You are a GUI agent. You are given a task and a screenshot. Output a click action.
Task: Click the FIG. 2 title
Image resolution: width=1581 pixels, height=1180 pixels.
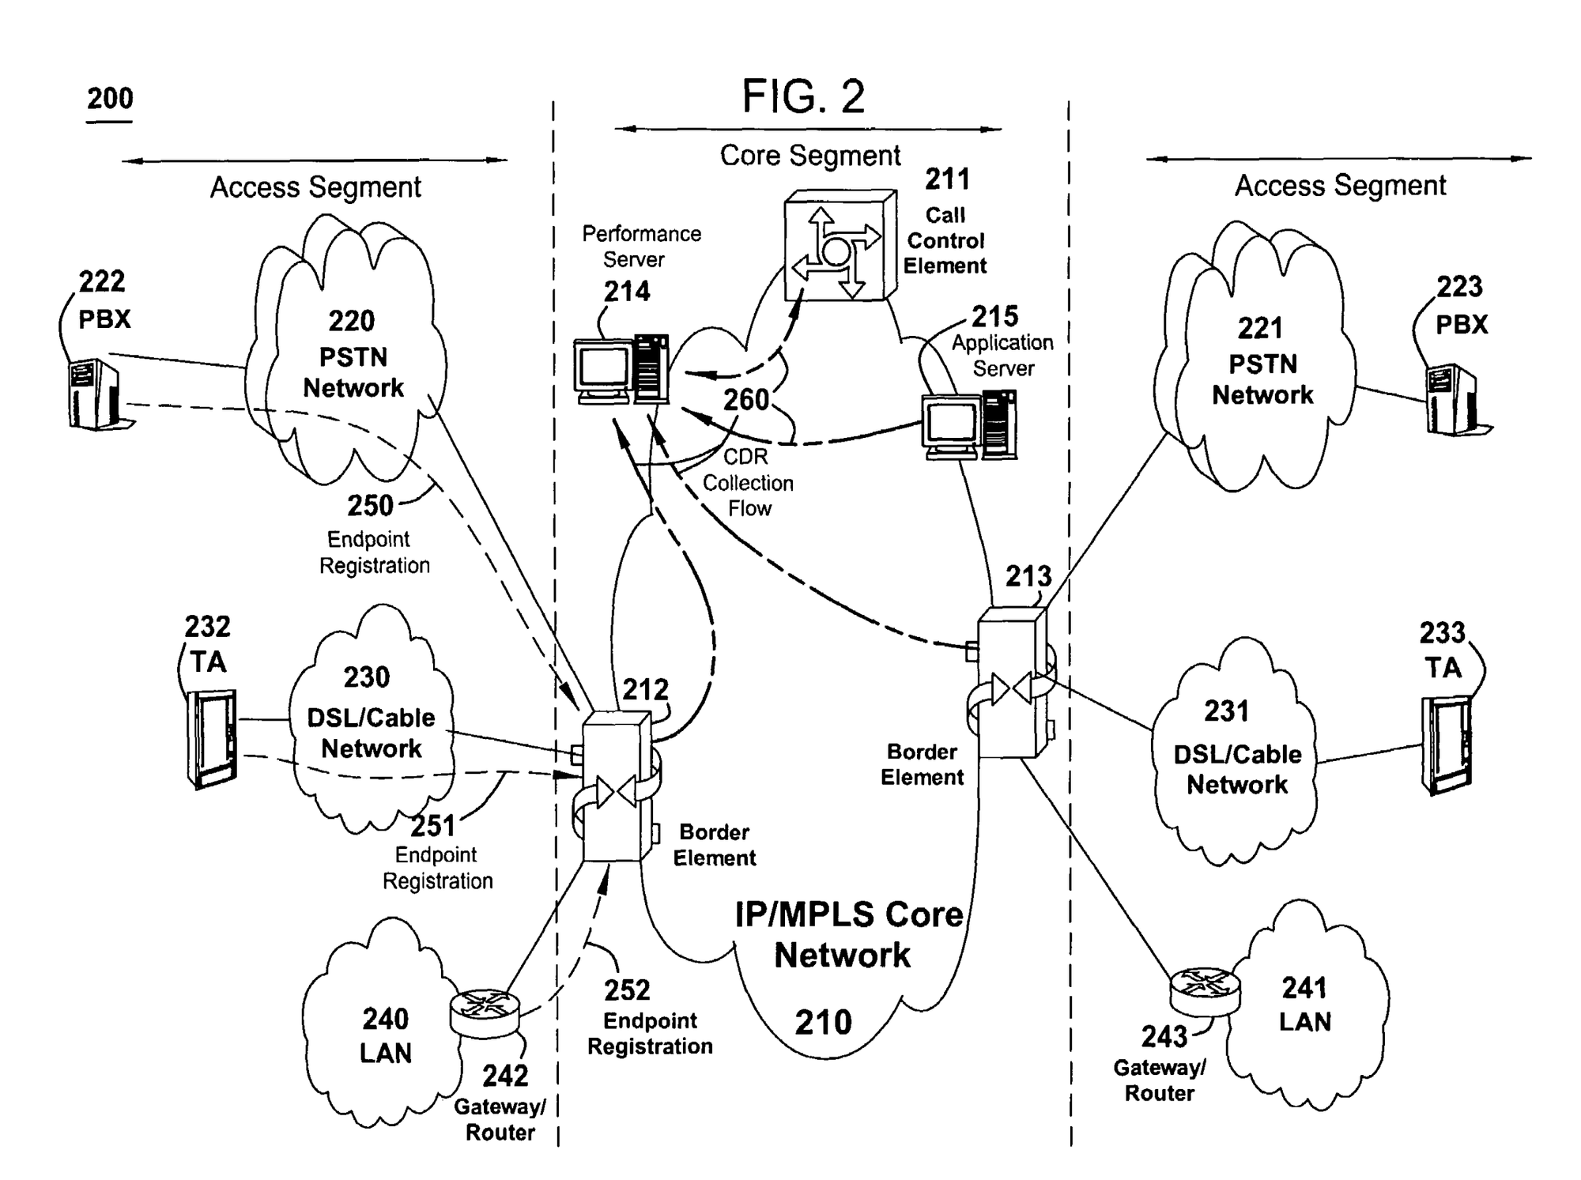point(803,96)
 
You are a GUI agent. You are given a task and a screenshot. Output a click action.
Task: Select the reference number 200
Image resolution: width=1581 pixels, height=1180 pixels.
point(110,99)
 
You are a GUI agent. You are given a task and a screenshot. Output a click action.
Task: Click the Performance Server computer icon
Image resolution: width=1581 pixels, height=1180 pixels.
point(622,370)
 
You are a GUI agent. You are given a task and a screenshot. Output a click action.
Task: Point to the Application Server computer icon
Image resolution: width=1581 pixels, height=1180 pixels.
point(970,426)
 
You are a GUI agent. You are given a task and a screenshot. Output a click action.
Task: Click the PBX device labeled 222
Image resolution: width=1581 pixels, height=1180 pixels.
point(96,394)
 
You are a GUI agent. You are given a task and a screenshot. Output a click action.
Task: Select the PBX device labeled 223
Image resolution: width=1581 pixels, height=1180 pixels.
point(1453,399)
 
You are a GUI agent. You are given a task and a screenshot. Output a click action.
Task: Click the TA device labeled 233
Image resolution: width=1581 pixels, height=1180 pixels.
point(1447,745)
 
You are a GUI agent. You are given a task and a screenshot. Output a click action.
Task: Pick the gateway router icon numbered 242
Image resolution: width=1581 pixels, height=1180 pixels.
point(485,1012)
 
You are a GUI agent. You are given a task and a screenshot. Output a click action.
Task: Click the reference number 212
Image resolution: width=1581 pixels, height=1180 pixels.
point(645,690)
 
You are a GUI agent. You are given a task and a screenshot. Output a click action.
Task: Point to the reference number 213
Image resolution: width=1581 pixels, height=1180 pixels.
point(1028,576)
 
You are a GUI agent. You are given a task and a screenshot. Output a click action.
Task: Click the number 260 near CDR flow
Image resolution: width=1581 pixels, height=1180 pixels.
point(745,400)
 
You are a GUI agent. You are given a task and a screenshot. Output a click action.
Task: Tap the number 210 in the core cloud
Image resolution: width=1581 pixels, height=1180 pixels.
point(823,1023)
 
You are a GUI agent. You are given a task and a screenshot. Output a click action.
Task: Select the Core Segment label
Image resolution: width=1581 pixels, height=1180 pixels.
point(809,156)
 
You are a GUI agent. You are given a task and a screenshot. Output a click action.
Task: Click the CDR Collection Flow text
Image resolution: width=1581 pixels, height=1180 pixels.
point(748,482)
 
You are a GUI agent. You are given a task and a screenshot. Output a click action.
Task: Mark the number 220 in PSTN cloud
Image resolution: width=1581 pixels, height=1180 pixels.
point(351,321)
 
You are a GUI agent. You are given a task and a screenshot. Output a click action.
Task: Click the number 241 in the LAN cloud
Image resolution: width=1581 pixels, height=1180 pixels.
point(1304,988)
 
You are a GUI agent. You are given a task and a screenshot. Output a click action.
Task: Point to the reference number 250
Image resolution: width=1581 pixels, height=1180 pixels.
point(370,506)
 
